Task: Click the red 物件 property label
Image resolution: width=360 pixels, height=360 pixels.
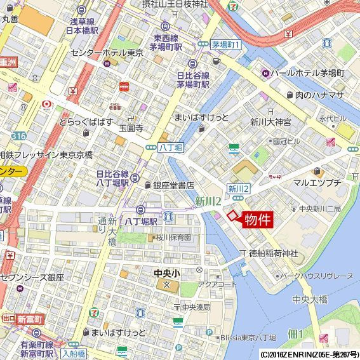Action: tap(257, 220)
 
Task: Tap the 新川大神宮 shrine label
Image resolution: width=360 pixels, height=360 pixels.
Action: tap(270, 121)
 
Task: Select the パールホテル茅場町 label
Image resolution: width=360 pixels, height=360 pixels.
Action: tap(307, 73)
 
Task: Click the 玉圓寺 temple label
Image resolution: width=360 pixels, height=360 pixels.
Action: tap(131, 128)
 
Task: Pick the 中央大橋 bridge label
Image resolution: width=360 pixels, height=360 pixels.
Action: tap(309, 299)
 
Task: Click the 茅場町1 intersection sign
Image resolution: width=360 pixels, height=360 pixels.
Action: tap(225, 45)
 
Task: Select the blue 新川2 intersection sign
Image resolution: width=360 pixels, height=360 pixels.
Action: tap(239, 189)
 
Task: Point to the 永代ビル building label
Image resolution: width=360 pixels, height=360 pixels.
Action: tap(333, 118)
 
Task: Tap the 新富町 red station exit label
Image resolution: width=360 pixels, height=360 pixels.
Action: tap(29, 319)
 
